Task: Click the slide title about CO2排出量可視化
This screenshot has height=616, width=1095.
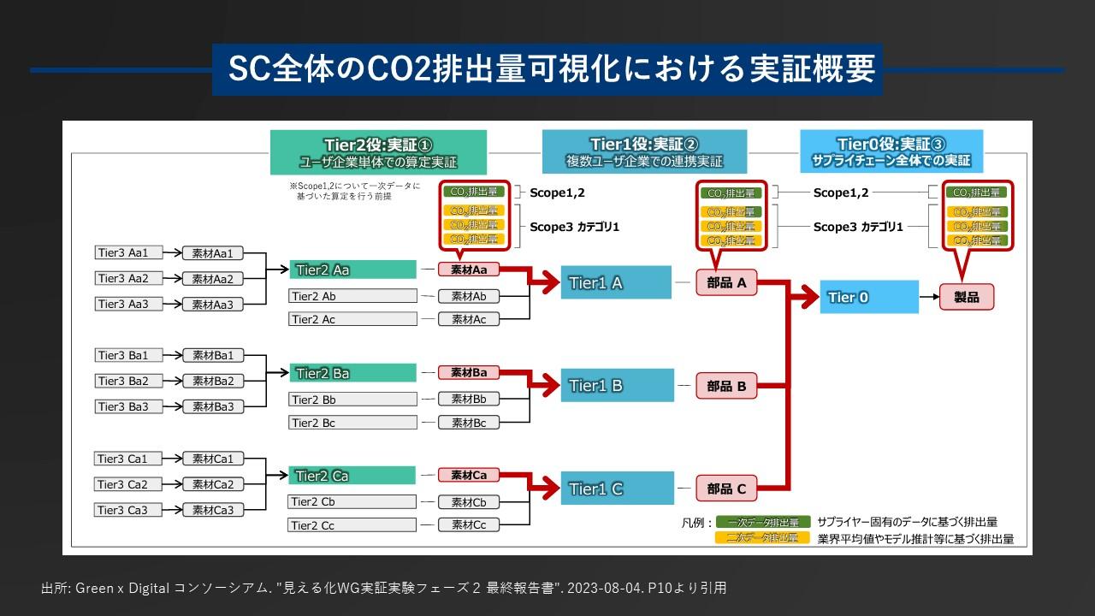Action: pyautogui.click(x=547, y=69)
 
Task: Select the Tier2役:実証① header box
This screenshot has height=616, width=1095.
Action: pyautogui.click(x=378, y=152)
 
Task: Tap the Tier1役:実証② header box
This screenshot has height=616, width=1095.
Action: pyautogui.click(x=644, y=151)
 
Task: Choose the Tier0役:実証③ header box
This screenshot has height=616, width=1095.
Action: pyautogui.click(x=891, y=151)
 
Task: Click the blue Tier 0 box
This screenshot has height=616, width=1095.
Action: pyautogui.click(x=869, y=297)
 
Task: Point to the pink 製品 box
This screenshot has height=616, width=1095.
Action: pyautogui.click(x=967, y=297)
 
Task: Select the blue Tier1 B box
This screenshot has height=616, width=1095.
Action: pyautogui.click(x=617, y=385)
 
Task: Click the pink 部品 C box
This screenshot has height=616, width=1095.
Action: pyautogui.click(x=727, y=489)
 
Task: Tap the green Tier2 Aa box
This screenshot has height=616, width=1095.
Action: pyautogui.click(x=352, y=269)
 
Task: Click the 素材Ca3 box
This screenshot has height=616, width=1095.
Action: pyautogui.click(x=213, y=510)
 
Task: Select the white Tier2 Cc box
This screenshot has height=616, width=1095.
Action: pyautogui.click(x=352, y=525)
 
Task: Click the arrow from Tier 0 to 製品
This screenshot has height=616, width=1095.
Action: pyautogui.click(x=929, y=297)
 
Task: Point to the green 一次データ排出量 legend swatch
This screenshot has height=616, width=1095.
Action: pyautogui.click(x=762, y=522)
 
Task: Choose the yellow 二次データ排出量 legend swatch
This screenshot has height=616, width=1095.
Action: pyautogui.click(x=762, y=538)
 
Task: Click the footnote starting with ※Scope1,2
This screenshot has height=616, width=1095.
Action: pyautogui.click(x=355, y=191)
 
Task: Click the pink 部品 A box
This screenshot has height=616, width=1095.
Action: pyautogui.click(x=727, y=282)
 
